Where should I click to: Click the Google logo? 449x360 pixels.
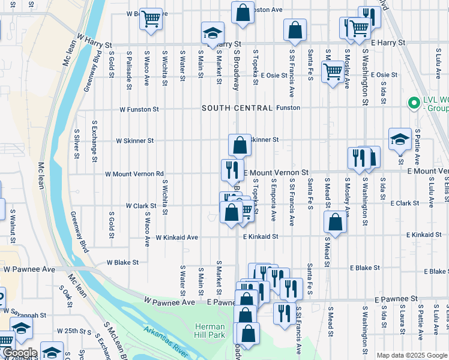point(19,353)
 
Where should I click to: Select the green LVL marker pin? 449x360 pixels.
point(413,103)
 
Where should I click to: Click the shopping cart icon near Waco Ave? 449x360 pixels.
point(151,19)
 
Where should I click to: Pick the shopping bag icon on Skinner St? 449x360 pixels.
point(240,145)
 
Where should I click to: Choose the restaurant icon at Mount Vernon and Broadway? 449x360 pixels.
point(232,170)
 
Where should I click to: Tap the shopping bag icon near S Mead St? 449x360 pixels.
point(335,222)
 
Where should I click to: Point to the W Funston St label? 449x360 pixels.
point(139,110)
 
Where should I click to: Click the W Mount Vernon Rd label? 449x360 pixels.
point(134,174)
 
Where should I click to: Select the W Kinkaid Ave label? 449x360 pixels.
point(176,238)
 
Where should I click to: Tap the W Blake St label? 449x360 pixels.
point(122,262)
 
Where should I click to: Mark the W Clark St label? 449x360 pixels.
point(141,206)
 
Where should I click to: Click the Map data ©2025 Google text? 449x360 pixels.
point(412,355)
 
